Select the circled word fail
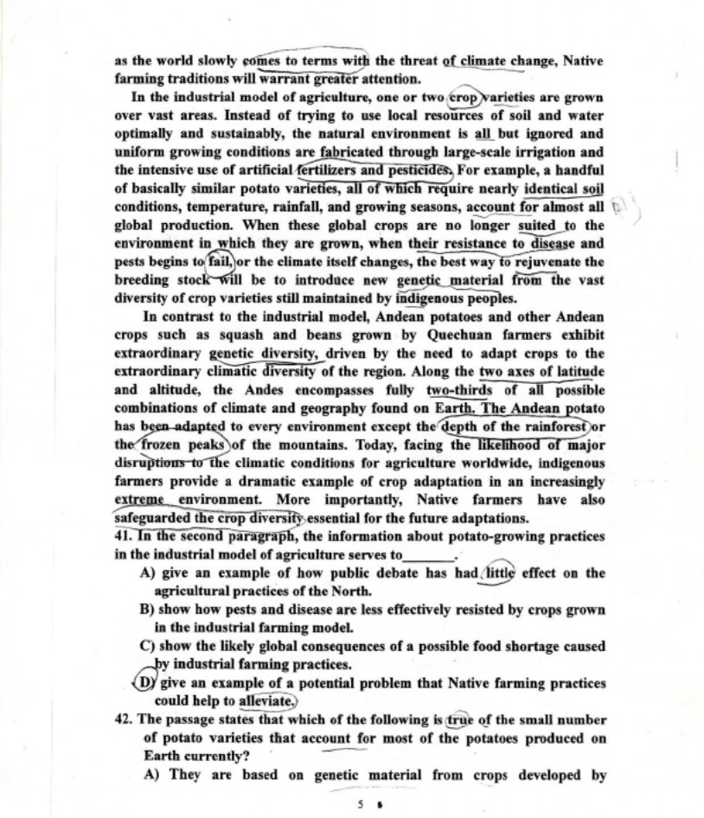(221, 260)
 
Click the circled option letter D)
(149, 683)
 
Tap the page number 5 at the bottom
(360, 803)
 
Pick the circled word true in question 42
(461, 719)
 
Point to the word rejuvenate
(566, 261)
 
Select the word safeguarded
(153, 518)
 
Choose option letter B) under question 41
(147, 609)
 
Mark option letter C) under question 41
(147, 646)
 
